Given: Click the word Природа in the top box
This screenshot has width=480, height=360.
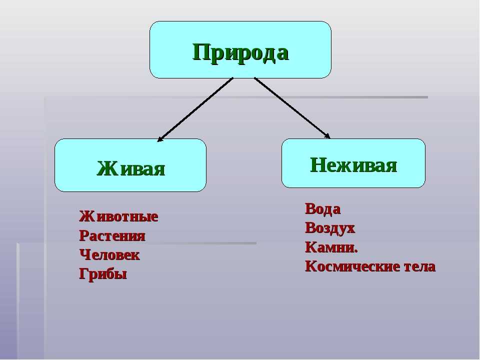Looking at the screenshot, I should [x=240, y=52].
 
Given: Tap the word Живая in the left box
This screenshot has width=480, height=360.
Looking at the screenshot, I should [x=130, y=168].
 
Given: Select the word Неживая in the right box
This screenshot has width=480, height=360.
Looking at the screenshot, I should [x=353, y=164].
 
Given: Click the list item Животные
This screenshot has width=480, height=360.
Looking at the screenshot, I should [x=118, y=217].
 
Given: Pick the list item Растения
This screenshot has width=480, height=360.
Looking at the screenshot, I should [x=112, y=236].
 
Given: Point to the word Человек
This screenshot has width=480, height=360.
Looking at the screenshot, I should [x=109, y=255].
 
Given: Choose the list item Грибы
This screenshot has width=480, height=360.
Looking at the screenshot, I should [x=102, y=274].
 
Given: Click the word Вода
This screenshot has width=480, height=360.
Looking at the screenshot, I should [x=322, y=209].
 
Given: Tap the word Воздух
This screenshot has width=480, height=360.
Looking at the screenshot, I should [x=329, y=228].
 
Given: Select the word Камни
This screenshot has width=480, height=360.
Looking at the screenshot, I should [x=330, y=247].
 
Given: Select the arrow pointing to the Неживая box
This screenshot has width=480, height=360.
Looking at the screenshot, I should [x=291, y=107].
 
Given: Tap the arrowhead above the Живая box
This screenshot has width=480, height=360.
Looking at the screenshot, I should [x=160, y=139].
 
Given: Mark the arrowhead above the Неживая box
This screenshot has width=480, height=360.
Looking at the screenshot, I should [x=327, y=135].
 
